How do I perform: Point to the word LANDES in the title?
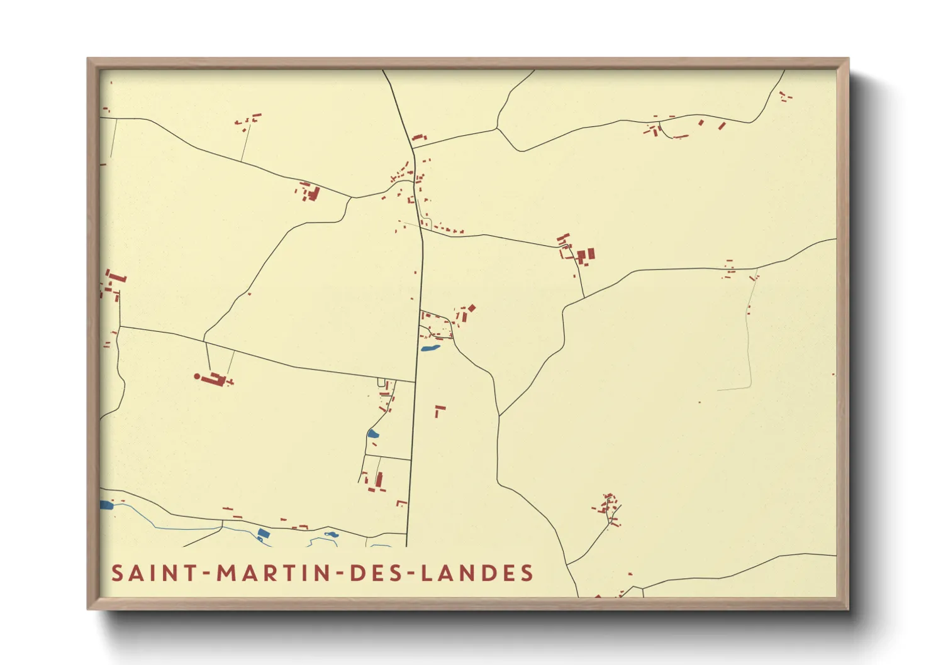[x=477, y=573]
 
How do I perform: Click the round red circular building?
[x=198, y=376]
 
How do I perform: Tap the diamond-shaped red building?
[x=472, y=308]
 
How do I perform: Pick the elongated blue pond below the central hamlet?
[x=430, y=348]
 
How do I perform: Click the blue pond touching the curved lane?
[x=373, y=433]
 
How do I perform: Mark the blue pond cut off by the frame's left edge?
[x=106, y=505]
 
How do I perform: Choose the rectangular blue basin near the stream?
[x=264, y=534]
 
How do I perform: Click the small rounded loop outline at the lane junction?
[x=381, y=383]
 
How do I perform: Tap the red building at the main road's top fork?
[x=418, y=138]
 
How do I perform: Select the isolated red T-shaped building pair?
[x=439, y=410]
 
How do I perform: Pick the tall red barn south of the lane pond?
[x=379, y=480]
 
